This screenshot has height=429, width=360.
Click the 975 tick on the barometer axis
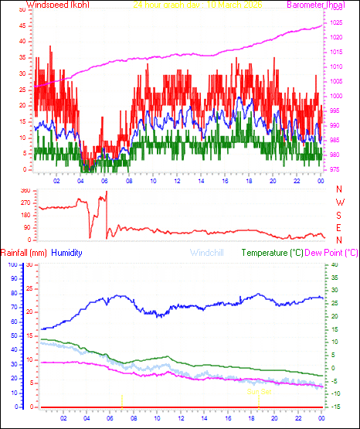point(334,169)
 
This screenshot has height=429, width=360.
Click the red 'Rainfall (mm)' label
point(24,253)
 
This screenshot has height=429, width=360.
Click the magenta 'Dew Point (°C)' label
point(332,253)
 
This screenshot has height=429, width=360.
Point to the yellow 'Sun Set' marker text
point(258,392)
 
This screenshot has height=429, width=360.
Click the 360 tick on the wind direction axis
point(25,190)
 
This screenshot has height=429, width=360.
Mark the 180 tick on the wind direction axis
point(25,215)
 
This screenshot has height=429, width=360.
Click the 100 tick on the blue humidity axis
point(12,265)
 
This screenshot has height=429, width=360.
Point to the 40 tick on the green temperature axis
point(334,265)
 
